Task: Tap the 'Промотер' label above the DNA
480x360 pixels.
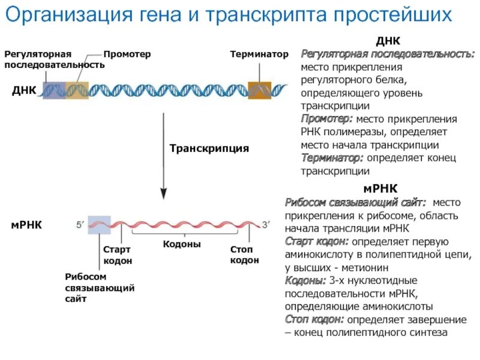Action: (x=127, y=54)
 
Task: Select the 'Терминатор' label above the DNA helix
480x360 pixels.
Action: (x=259, y=54)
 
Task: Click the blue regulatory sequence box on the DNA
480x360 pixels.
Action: (x=53, y=90)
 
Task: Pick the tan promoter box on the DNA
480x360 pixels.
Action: (x=76, y=90)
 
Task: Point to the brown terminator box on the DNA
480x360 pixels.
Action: (x=260, y=90)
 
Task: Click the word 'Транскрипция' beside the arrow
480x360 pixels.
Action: (x=209, y=148)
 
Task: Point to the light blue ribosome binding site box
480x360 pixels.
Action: (x=99, y=224)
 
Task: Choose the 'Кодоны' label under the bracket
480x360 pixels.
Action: (x=182, y=245)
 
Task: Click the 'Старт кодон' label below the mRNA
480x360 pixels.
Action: (x=117, y=254)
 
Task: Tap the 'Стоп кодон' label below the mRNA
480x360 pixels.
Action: (x=244, y=254)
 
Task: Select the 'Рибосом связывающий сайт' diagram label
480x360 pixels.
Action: (x=99, y=287)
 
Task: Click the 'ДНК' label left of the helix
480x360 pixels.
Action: (x=24, y=91)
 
